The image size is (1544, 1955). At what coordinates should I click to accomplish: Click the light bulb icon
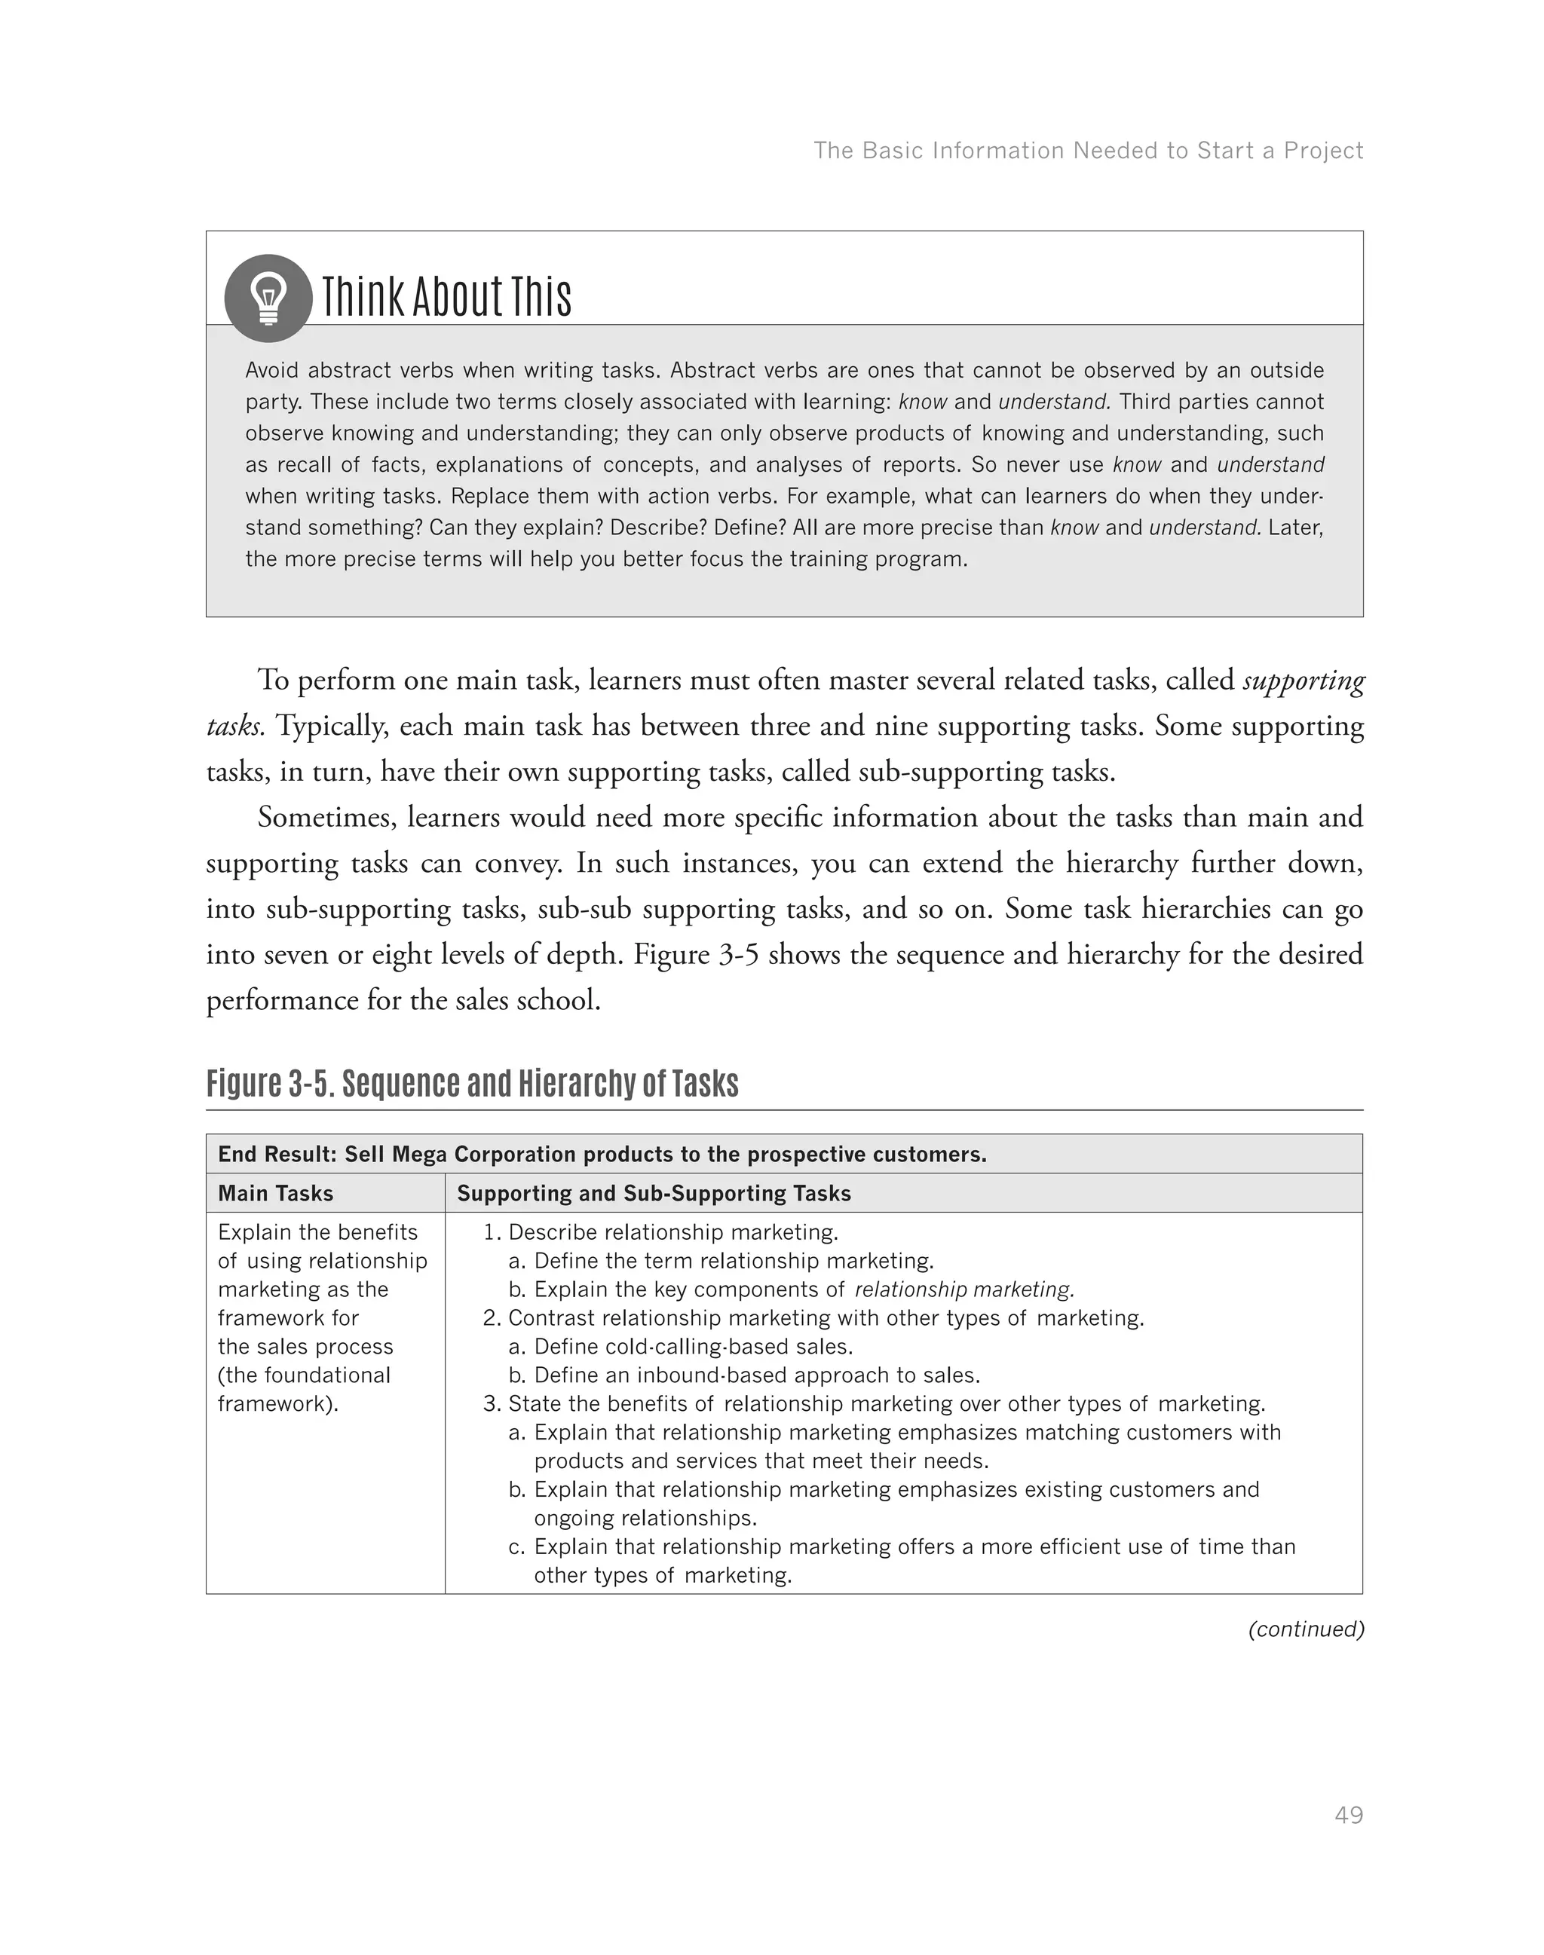(268, 298)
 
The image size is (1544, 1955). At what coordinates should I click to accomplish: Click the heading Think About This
(446, 296)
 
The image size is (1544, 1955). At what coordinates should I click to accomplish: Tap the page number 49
(1348, 1815)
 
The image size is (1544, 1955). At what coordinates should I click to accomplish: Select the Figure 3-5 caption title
(472, 1083)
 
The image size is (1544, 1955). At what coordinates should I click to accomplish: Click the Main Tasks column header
(276, 1193)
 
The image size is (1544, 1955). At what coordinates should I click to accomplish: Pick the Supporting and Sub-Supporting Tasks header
(654, 1193)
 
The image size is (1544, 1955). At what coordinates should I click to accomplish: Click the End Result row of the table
(602, 1154)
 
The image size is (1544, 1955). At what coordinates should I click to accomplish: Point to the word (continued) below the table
(1304, 1629)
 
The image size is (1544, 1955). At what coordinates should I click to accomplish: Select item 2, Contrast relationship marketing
(825, 1318)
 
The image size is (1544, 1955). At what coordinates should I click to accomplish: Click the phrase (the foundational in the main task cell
(304, 1375)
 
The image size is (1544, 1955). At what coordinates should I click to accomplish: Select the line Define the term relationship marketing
(732, 1261)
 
